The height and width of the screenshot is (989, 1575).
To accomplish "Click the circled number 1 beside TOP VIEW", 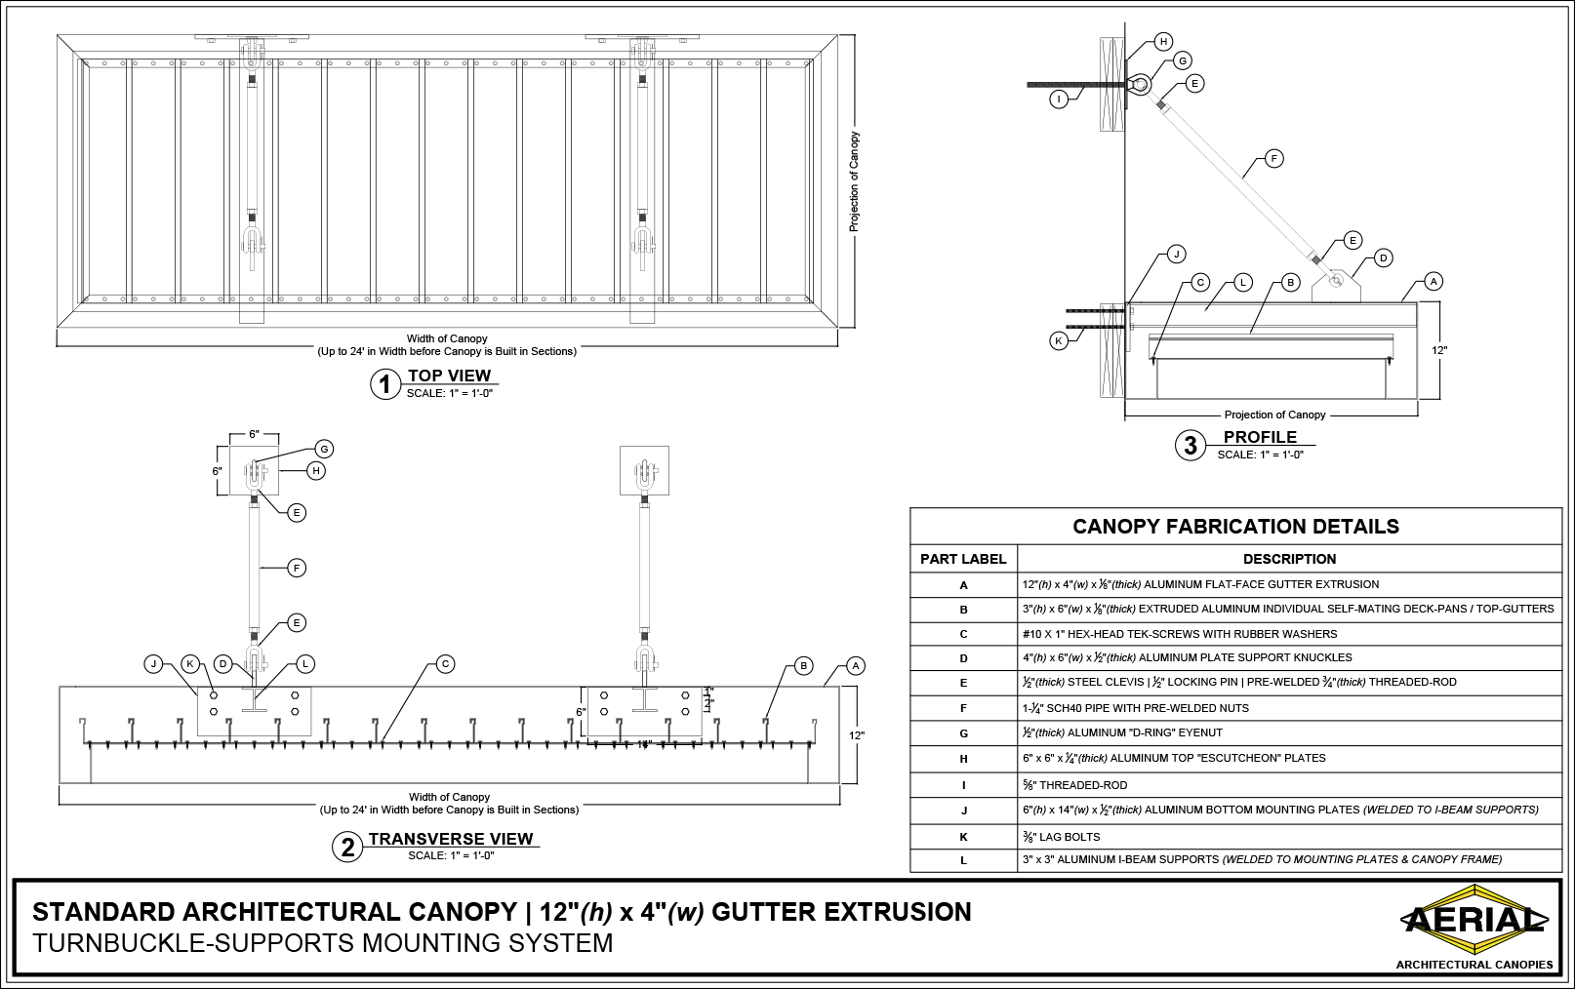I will coord(384,384).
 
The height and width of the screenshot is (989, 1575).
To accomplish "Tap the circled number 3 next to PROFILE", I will coord(1190,446).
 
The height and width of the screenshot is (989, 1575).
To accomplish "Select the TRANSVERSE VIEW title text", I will coord(451,839).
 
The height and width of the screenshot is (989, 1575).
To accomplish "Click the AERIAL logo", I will coord(1474,919).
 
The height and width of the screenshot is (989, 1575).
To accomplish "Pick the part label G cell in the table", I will coord(963,732).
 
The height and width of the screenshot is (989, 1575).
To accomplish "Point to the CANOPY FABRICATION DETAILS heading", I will coord(1235,527).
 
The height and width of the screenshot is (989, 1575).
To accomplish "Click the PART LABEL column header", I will coord(963,559).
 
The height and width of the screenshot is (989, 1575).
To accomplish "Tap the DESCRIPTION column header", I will coord(1289,559).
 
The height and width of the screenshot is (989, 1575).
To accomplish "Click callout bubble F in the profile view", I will coord(1272,157).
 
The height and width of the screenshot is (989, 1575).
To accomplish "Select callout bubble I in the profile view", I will coord(1059,99).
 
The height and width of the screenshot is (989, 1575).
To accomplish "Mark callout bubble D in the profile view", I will coord(1383,257).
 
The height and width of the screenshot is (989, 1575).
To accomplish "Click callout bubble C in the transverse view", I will coord(444,664).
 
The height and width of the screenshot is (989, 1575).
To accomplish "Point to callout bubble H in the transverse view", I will coord(316,470).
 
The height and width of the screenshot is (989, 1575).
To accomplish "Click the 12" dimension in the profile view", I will coord(1439,348).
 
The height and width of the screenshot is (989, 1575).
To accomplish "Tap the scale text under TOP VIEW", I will coord(450,393).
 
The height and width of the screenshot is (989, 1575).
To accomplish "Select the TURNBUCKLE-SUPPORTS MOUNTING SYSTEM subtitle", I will coord(323,943).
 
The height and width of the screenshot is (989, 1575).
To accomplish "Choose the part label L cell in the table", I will coord(963,860).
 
